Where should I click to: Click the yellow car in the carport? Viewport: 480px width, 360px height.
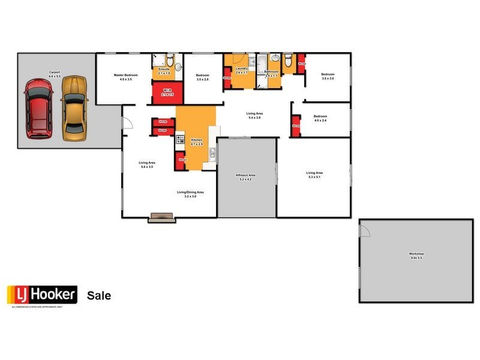(x=74, y=109)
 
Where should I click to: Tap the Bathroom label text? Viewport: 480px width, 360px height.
(x=272, y=72)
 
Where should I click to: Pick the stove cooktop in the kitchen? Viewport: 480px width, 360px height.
(x=179, y=141)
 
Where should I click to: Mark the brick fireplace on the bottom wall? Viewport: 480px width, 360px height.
(x=163, y=217)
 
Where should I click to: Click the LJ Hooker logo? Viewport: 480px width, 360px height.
(x=42, y=295)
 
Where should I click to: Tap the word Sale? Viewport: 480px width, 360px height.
(x=99, y=296)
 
